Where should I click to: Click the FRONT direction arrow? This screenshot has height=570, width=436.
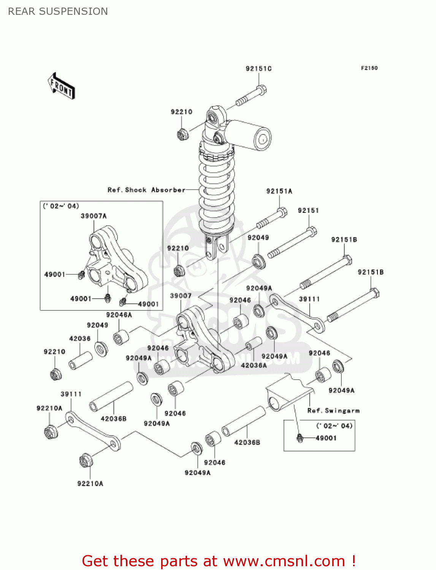click(x=61, y=86)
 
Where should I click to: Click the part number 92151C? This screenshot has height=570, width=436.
click(x=258, y=69)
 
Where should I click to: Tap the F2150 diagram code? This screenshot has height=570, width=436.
click(x=369, y=68)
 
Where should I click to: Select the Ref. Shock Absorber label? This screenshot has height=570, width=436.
click(x=146, y=190)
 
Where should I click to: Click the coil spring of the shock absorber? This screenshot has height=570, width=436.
click(x=217, y=190)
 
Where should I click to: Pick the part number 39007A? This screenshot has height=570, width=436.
click(x=94, y=216)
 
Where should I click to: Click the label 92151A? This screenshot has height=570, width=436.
click(x=279, y=191)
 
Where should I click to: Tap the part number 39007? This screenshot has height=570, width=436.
click(x=181, y=296)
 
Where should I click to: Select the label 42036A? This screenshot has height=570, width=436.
click(x=254, y=365)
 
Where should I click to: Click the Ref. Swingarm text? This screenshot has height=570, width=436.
click(x=333, y=410)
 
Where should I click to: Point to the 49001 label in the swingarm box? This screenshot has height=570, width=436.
click(x=326, y=438)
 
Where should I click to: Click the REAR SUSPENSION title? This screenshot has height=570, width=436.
click(x=58, y=11)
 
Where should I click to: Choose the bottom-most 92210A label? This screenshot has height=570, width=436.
click(x=90, y=483)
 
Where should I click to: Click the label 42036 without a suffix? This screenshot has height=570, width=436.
click(x=80, y=338)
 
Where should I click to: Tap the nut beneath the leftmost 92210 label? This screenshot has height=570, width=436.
click(x=56, y=374)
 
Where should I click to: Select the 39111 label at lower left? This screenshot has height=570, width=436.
click(x=71, y=394)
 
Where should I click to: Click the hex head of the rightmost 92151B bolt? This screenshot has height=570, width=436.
click(x=374, y=293)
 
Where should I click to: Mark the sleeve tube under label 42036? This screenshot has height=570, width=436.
click(x=81, y=360)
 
